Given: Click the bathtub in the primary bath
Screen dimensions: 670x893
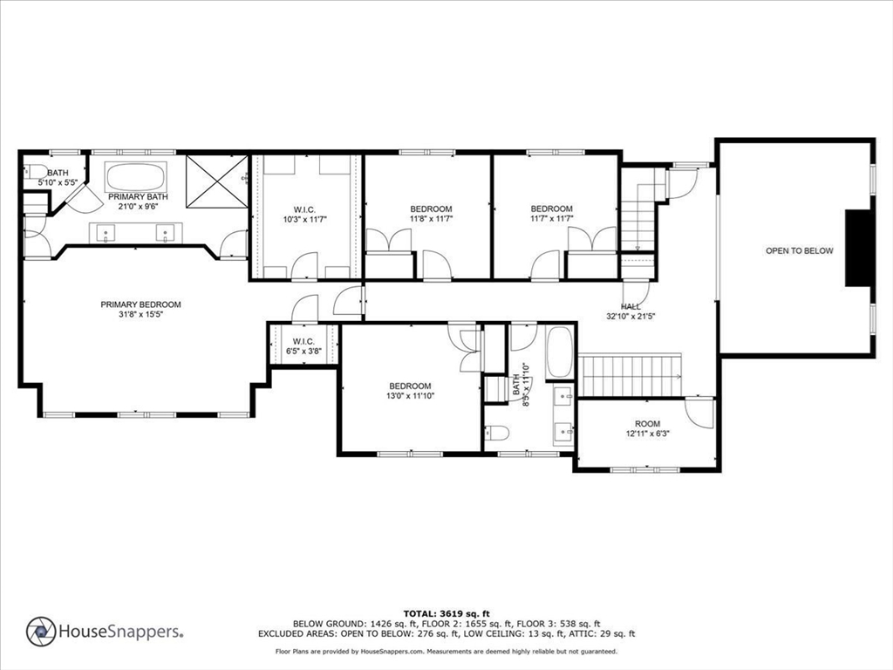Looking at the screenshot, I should point(136,178).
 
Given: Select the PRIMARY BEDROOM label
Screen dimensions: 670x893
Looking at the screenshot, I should point(140,304).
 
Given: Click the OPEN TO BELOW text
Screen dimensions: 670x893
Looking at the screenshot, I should point(799,251).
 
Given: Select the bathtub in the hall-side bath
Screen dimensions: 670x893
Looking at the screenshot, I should point(559,352).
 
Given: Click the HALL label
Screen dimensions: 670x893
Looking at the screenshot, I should point(630,306).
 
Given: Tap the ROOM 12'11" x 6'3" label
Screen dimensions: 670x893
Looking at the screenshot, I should point(647,428).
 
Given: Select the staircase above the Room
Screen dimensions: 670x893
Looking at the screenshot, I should point(630,375).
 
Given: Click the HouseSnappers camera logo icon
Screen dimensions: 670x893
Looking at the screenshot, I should point(41,632).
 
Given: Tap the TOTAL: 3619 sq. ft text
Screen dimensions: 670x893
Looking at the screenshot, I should point(446,613).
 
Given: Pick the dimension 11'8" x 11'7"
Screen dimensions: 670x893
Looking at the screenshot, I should point(431,220).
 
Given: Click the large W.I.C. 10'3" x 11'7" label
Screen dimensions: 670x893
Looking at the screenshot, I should point(304,215).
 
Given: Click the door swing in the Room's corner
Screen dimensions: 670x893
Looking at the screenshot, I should point(700,412).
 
